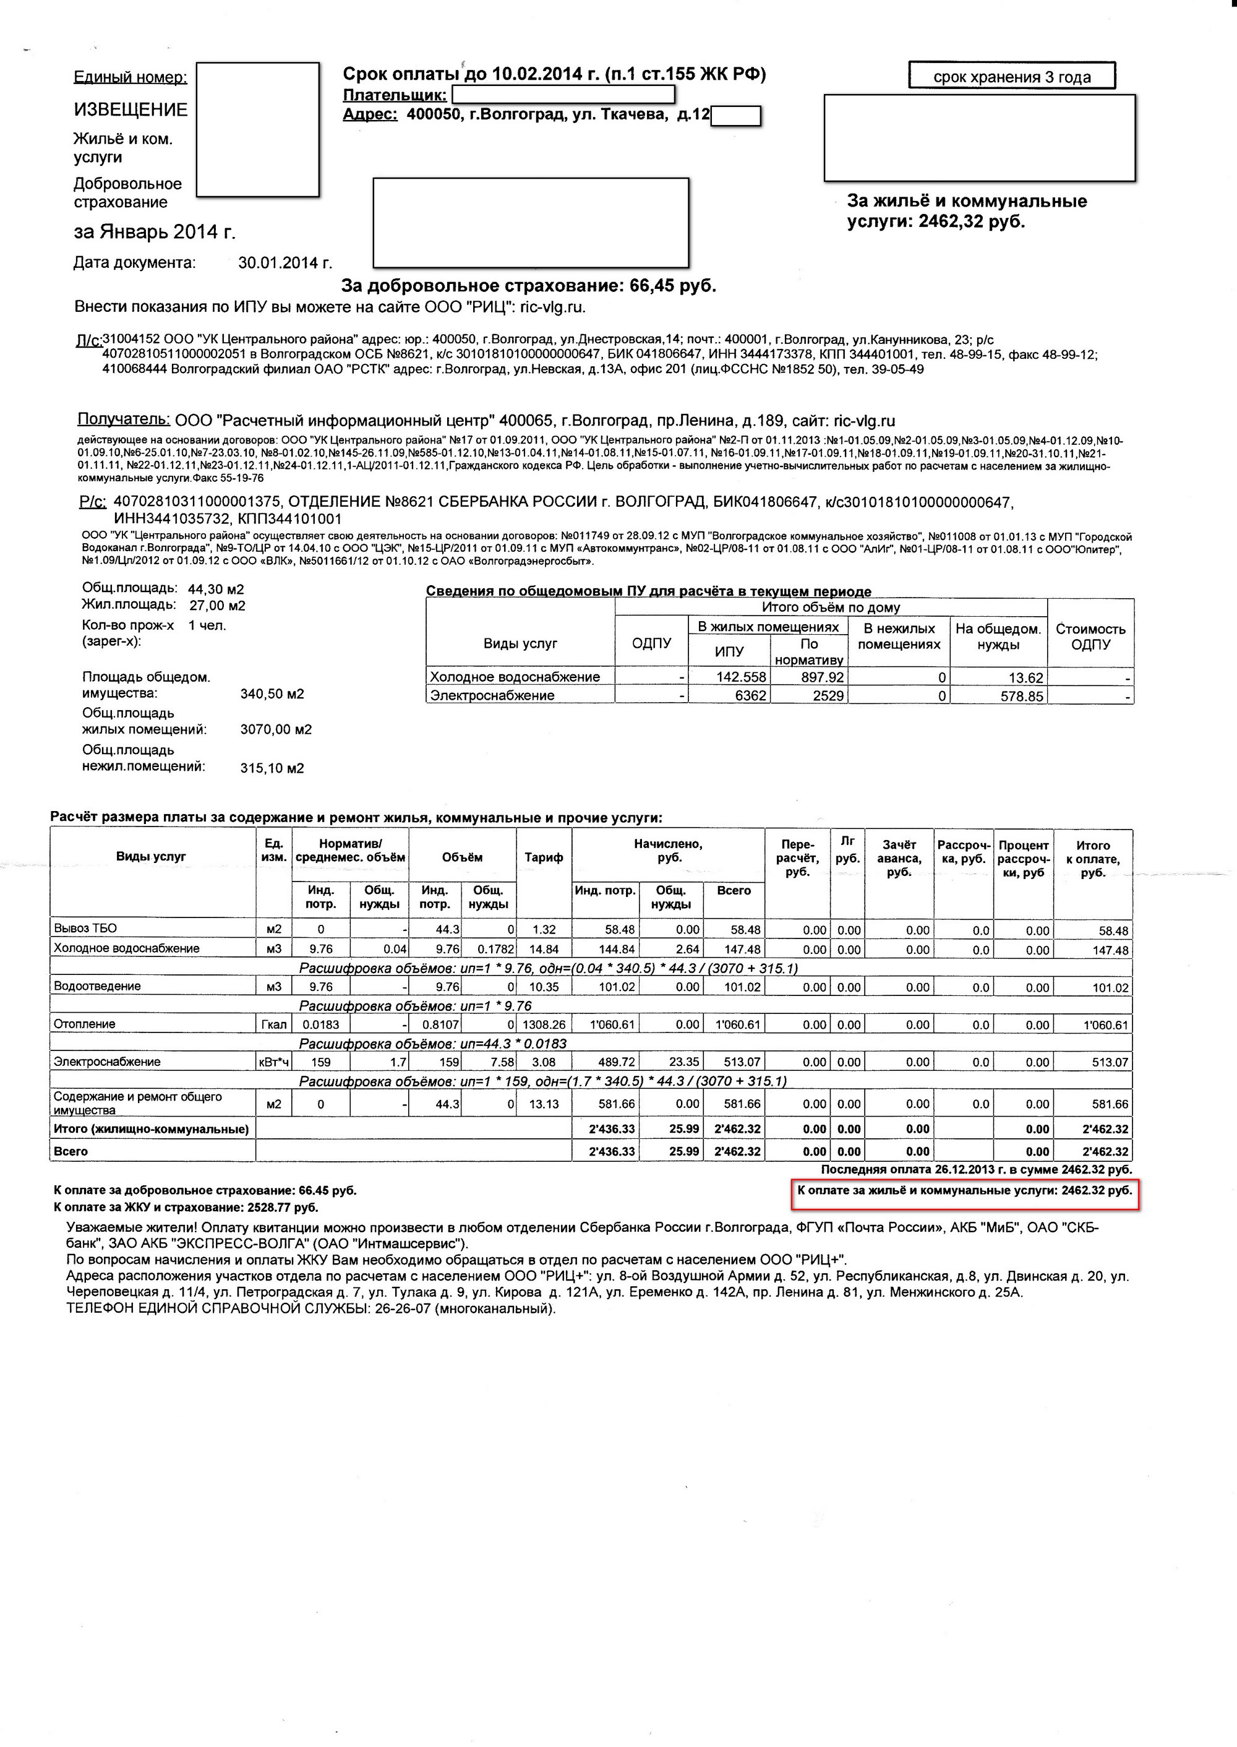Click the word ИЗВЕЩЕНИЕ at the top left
tap(131, 109)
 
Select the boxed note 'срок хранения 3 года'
tap(1011, 77)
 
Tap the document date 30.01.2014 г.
tap(285, 264)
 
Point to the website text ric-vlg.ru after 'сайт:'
tap(865, 421)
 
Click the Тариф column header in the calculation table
tap(544, 857)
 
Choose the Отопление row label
tap(85, 1024)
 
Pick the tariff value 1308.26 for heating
tap(544, 1024)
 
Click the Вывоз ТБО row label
tap(85, 929)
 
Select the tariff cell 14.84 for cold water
tap(544, 950)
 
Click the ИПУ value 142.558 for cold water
tap(741, 677)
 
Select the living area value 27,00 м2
tap(217, 606)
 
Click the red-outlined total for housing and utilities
tap(964, 1191)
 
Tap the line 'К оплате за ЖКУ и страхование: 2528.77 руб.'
tap(186, 1208)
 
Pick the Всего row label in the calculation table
tap(71, 1151)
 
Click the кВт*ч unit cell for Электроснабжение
tap(274, 1062)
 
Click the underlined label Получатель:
tap(124, 420)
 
